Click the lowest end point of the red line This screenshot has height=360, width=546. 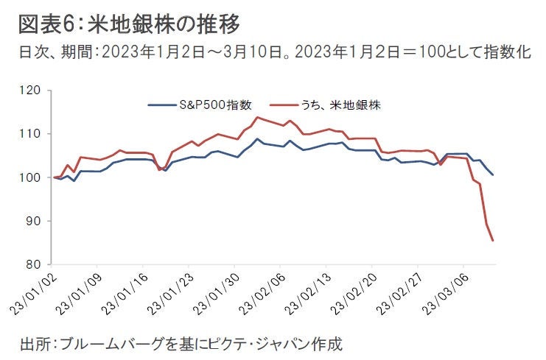point(492,240)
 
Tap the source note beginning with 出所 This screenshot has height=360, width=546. point(181,343)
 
